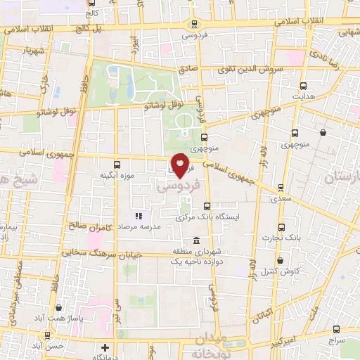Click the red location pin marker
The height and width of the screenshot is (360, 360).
(181, 165)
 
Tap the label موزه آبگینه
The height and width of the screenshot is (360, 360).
(117, 174)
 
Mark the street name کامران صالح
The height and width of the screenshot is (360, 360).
(91, 226)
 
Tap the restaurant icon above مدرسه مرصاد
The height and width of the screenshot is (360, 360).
(139, 215)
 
